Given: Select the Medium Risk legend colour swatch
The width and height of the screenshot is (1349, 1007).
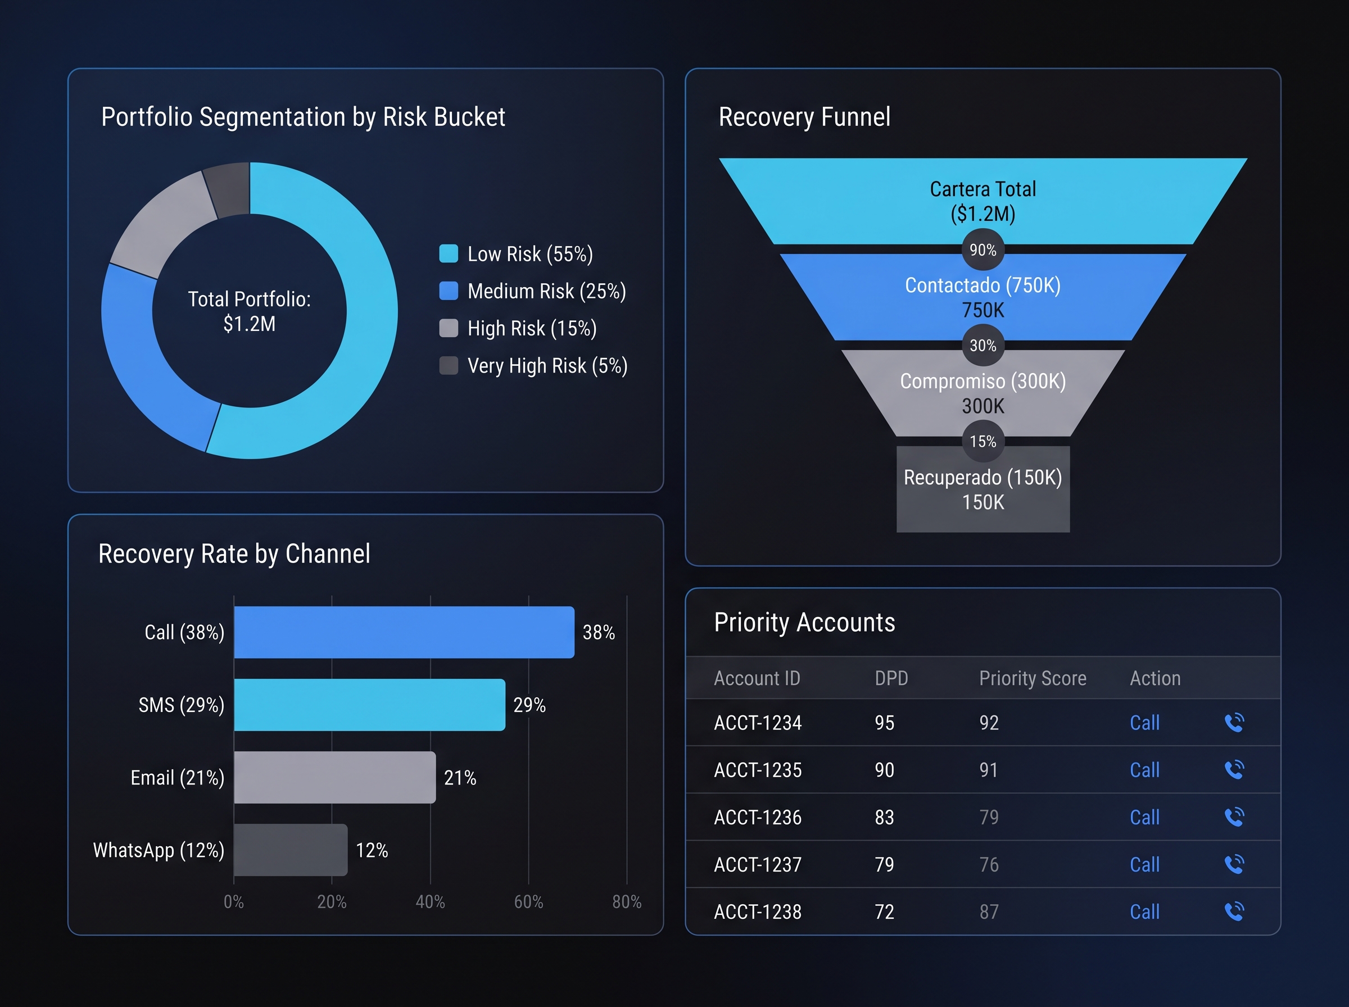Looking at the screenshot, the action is (x=449, y=291).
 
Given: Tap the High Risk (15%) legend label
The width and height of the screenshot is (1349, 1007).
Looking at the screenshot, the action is (x=532, y=329).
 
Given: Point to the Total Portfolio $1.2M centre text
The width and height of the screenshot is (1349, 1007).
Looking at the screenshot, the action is (x=250, y=311).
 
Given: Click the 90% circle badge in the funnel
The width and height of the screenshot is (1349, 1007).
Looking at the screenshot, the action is (x=983, y=250).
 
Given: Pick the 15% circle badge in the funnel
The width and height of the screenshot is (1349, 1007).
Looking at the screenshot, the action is (x=983, y=441).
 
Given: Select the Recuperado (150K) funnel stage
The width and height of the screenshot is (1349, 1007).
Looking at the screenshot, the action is (x=983, y=489).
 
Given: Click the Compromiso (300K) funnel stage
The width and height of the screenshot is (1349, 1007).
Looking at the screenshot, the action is (x=983, y=393).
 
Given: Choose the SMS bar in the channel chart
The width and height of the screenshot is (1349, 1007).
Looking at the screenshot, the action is (x=369, y=705).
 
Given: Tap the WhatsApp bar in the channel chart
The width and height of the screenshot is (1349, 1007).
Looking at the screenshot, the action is (x=291, y=850).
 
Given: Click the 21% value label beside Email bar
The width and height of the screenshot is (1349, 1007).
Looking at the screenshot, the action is (x=460, y=778).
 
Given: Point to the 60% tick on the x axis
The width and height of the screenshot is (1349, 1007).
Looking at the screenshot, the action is (x=528, y=901).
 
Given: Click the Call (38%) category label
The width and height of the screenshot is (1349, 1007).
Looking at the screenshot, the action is (x=184, y=632).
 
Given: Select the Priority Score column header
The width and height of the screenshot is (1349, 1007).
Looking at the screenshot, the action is (x=1033, y=678).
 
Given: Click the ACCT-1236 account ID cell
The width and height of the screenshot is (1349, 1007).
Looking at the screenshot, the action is (x=758, y=818).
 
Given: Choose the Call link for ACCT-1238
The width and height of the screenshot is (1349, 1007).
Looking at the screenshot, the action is (x=1144, y=912).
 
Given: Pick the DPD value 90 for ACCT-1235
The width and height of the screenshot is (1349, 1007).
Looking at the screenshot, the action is (x=885, y=770).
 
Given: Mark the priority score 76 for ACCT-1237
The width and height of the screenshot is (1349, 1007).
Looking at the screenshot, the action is (x=989, y=864).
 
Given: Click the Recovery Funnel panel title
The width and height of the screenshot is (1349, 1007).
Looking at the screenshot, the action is (x=804, y=116).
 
